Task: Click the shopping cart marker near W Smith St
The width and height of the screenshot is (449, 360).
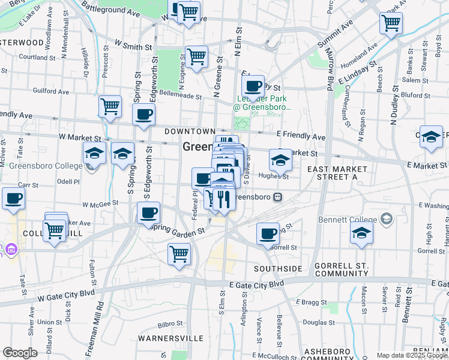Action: (x=196, y=58)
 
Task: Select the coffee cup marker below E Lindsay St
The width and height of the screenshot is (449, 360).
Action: (x=253, y=86)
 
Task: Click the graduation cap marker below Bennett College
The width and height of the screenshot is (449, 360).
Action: (x=361, y=234)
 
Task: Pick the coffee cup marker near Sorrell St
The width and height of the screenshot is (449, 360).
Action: (x=268, y=233)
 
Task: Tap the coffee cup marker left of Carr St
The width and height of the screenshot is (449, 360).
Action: (x=13, y=199)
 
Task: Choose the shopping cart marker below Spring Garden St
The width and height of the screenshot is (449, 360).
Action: (x=179, y=254)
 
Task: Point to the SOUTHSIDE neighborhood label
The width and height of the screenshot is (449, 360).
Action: (x=277, y=268)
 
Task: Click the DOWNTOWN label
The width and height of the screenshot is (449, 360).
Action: (x=190, y=131)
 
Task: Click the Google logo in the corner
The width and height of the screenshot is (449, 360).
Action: (x=20, y=353)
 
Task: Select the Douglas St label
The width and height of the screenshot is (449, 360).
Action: (x=319, y=322)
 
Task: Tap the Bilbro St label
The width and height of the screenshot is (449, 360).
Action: (x=170, y=325)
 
